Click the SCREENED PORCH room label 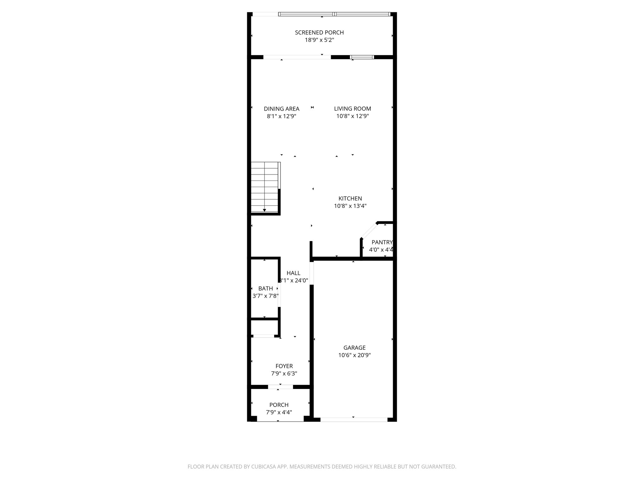(319, 32)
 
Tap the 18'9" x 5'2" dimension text (319, 40)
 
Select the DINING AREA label (281, 109)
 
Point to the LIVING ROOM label (353, 109)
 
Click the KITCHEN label (350, 198)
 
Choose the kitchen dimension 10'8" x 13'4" (350, 206)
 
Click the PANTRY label (382, 242)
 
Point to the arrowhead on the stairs (264, 210)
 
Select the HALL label (293, 273)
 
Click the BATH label (265, 288)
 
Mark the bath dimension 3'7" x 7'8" (265, 296)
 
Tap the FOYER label (284, 366)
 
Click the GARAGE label (354, 348)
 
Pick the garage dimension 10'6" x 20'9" (354, 355)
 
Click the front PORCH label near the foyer (279, 405)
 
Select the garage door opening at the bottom (354, 419)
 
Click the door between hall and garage (312, 273)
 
